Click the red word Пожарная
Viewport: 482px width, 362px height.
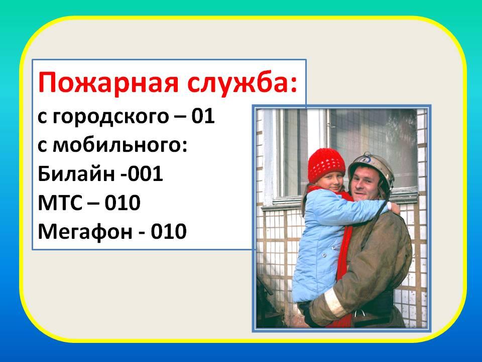108,83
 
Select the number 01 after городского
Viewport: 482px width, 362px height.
203,117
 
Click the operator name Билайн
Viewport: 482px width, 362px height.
76,173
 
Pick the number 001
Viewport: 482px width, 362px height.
145,174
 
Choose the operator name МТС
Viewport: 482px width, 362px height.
60,203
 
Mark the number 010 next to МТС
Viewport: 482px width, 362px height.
123,203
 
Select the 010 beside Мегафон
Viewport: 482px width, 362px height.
169,231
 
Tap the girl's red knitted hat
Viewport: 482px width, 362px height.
326,165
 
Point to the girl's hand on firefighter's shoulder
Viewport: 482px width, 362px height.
394,208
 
